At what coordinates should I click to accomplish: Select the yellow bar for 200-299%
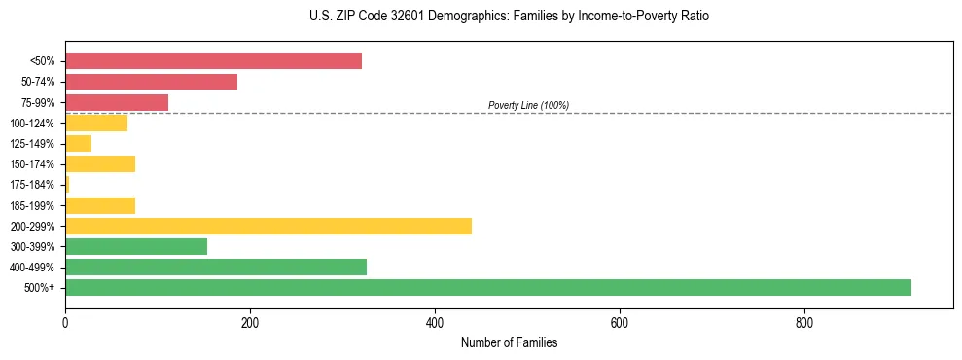pos(268,226)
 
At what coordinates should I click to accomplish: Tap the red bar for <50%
pos(213,61)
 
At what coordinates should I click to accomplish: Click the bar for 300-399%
pos(136,246)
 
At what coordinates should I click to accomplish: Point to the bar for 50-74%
pos(151,82)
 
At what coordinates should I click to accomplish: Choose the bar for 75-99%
pos(117,102)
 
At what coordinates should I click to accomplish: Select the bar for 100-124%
pos(96,123)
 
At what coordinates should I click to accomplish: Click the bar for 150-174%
pos(100,163)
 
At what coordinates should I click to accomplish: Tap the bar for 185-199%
pos(100,205)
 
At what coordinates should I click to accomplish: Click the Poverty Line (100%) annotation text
pos(528,105)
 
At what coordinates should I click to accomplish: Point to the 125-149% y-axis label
pos(32,144)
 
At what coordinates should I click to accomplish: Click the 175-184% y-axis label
pos(32,185)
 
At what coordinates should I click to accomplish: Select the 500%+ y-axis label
pos(39,288)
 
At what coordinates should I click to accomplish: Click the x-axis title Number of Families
pos(509,342)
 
